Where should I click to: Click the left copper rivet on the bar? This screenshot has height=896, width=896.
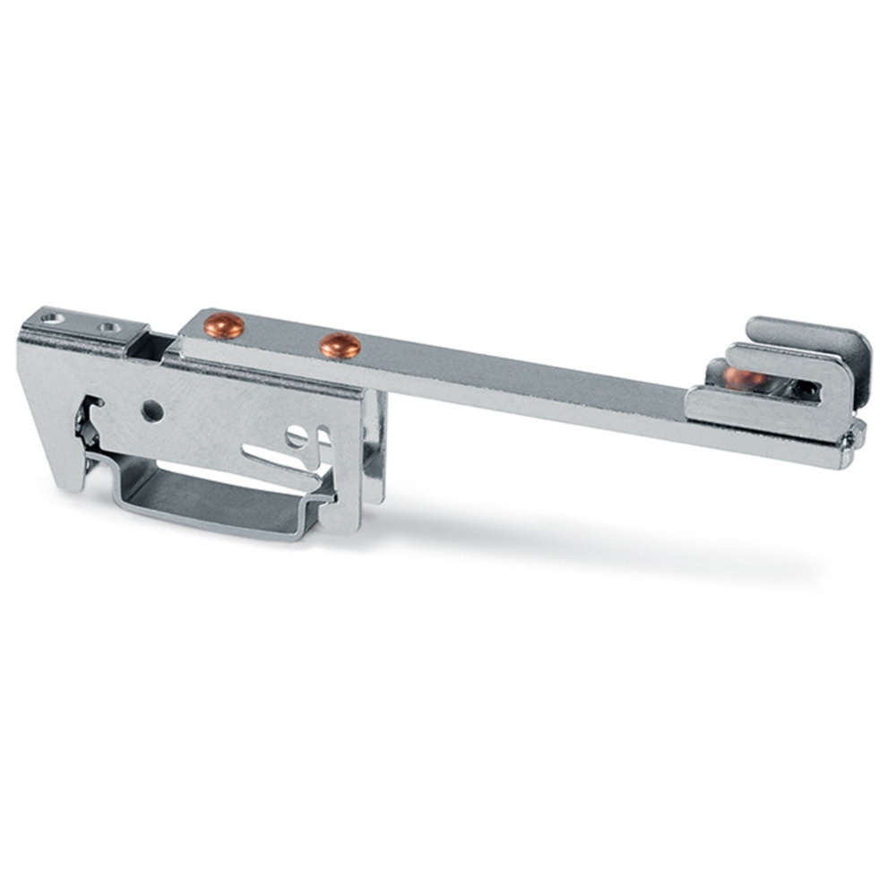223,325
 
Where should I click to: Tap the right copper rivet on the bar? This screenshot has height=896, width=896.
340,344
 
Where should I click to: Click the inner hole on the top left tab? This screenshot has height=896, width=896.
109,328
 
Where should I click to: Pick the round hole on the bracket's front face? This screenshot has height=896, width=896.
153,411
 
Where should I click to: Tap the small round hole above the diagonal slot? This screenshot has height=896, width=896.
295,436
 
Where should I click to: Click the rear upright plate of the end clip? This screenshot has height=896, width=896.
806,334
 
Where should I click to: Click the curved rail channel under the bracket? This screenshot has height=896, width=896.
215,502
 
